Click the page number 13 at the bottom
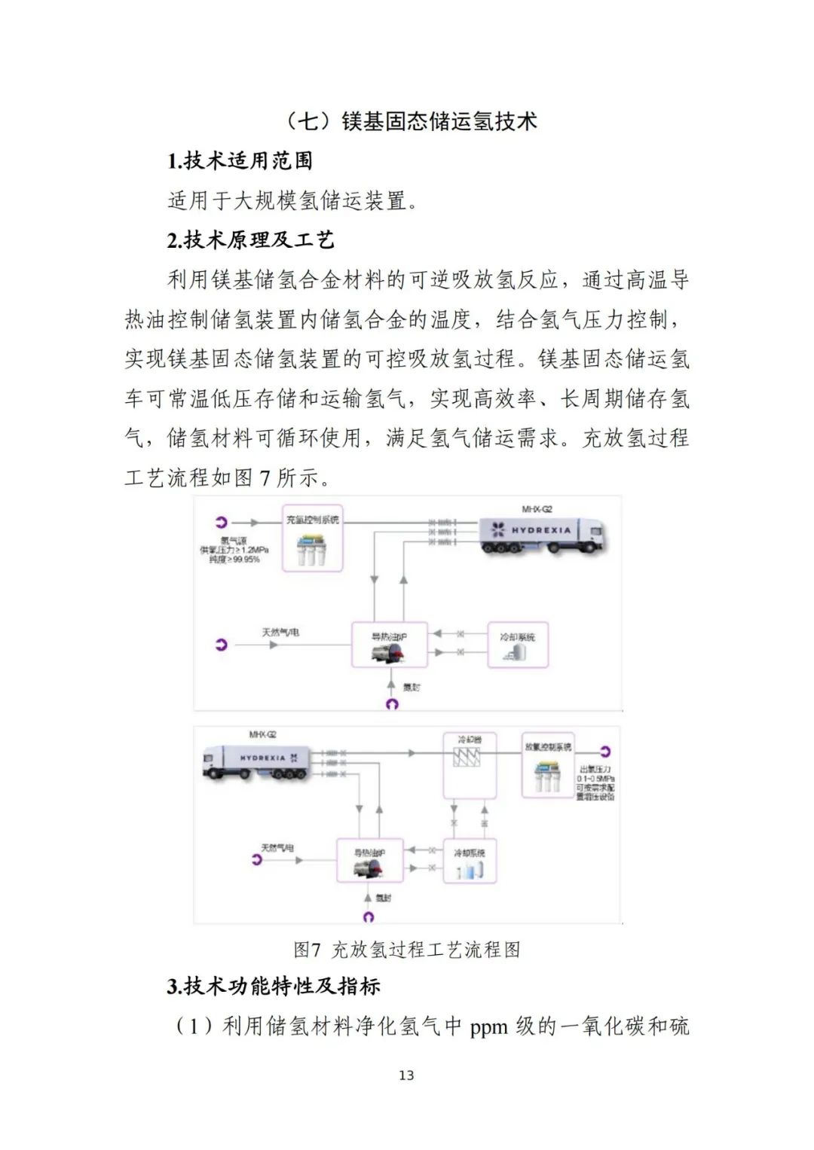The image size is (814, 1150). coord(406,1075)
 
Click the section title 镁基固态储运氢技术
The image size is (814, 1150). coord(439,121)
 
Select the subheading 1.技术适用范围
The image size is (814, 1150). coord(240,160)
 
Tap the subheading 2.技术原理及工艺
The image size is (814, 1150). coord(250,240)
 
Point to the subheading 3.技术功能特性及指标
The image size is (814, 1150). coord(274,986)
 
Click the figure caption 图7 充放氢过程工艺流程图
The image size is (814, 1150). coord(407,950)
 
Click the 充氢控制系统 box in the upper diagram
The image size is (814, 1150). coord(312,538)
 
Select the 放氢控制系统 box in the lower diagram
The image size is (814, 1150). coord(548,765)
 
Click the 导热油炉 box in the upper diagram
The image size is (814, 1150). coord(389,645)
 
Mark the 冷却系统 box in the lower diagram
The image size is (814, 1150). coord(470,861)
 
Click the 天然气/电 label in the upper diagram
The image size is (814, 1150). coord(280,632)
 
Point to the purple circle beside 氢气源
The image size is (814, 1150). coord(221,522)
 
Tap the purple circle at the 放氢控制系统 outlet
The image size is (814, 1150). coord(604,751)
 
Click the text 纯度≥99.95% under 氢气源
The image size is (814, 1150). coord(234,560)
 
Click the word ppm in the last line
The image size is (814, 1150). coord(488,1026)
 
